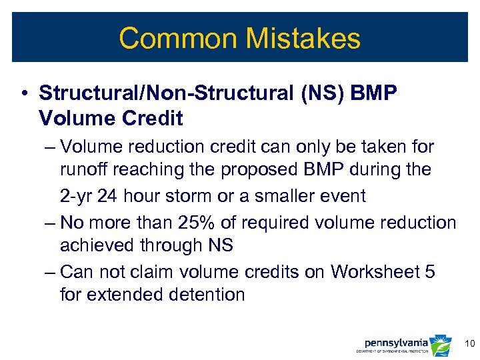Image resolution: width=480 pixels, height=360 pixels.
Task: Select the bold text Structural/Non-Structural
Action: (x=159, y=94)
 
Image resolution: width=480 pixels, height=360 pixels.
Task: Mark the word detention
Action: (x=203, y=295)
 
